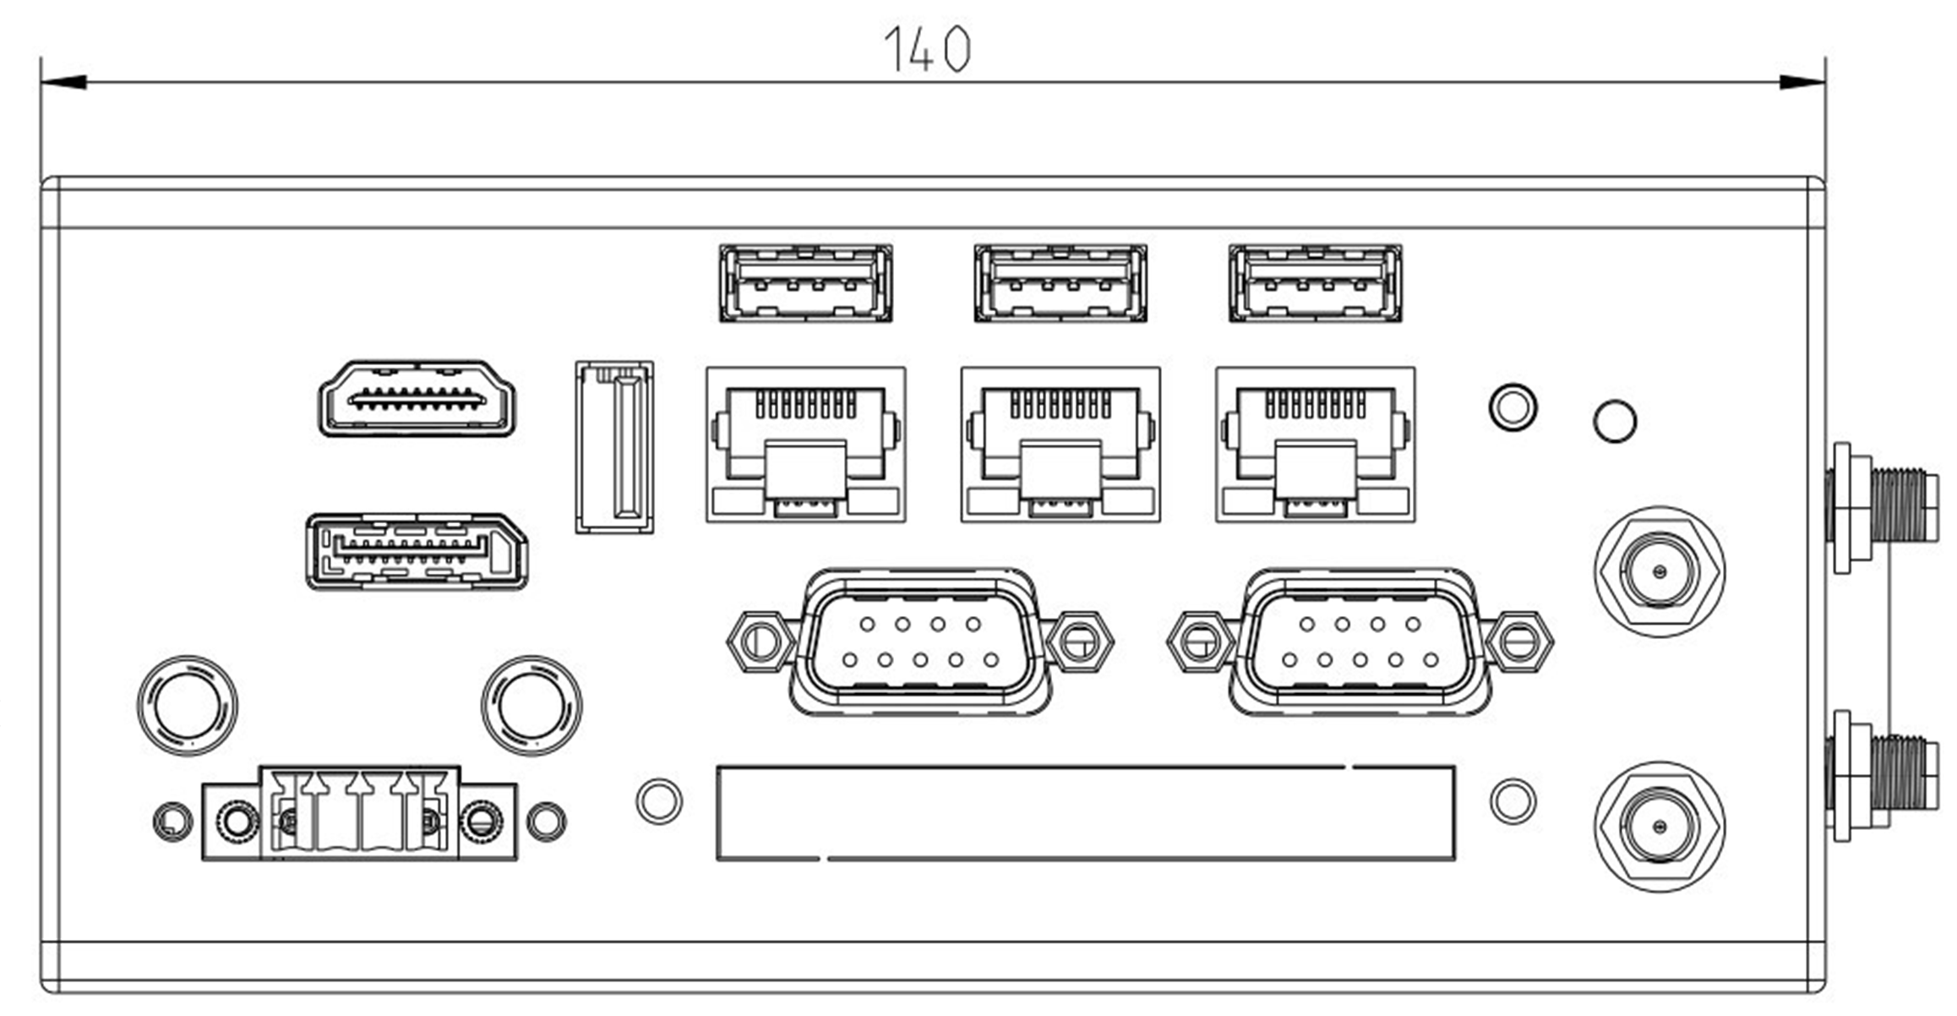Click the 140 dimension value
(927, 49)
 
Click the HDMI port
(417, 398)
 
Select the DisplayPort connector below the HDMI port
(417, 551)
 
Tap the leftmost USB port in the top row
(805, 283)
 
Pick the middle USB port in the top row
(1060, 283)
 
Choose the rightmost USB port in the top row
(1315, 283)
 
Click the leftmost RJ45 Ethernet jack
(805, 445)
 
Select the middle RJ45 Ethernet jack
(1060, 445)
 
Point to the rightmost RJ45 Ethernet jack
(1315, 445)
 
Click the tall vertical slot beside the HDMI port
(614, 447)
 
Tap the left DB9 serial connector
(919, 642)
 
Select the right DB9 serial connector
(1359, 642)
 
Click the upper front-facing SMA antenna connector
(1660, 571)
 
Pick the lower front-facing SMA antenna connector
(1660, 827)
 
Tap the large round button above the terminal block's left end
(188, 705)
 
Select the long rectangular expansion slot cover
(1085, 813)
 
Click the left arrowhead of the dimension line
(63, 82)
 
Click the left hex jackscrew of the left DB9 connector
(760, 642)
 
